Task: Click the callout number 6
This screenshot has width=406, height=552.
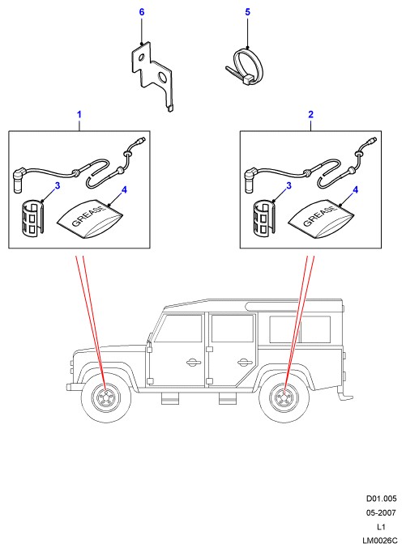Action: (x=142, y=12)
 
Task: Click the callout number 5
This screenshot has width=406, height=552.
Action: (x=247, y=12)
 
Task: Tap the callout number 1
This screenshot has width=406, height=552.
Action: (x=79, y=114)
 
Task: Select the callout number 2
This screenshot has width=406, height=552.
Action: (x=310, y=114)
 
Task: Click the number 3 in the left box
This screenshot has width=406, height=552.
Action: (x=57, y=185)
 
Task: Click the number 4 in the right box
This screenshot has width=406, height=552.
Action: (x=355, y=190)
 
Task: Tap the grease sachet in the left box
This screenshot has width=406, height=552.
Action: (x=89, y=219)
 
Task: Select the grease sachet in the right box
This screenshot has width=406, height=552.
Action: (x=320, y=219)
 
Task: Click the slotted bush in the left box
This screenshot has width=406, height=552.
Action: (x=32, y=218)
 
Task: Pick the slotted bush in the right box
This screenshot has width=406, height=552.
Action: (x=263, y=218)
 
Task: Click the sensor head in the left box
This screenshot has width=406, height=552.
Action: (x=19, y=180)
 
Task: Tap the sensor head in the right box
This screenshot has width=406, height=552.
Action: (x=250, y=180)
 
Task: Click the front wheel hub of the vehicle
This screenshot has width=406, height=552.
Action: (x=105, y=397)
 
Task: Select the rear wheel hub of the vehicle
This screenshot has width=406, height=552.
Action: (x=284, y=397)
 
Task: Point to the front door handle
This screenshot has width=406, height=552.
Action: (x=193, y=363)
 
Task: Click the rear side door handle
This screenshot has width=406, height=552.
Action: (x=243, y=363)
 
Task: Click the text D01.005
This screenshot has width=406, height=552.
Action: (x=382, y=499)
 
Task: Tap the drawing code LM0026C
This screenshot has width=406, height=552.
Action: (x=380, y=541)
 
